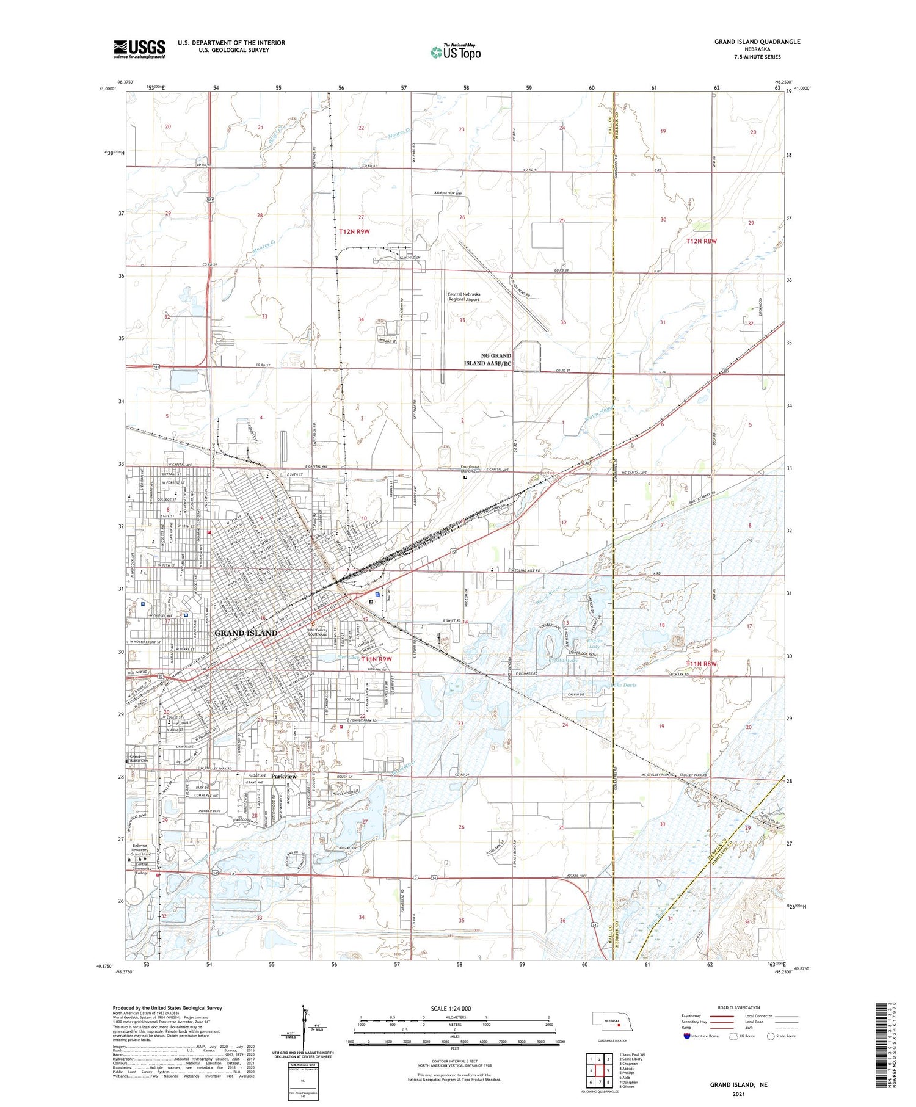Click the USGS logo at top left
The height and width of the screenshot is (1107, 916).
139,48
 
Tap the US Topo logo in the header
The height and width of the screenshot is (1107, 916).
455,52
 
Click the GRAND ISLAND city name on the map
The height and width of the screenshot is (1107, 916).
245,633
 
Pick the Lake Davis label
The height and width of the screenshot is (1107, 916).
623,685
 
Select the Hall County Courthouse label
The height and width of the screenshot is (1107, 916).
325,632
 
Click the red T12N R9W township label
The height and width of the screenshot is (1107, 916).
354,231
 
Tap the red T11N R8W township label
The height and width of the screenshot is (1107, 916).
700,664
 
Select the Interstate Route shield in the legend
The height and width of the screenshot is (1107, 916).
687,1036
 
